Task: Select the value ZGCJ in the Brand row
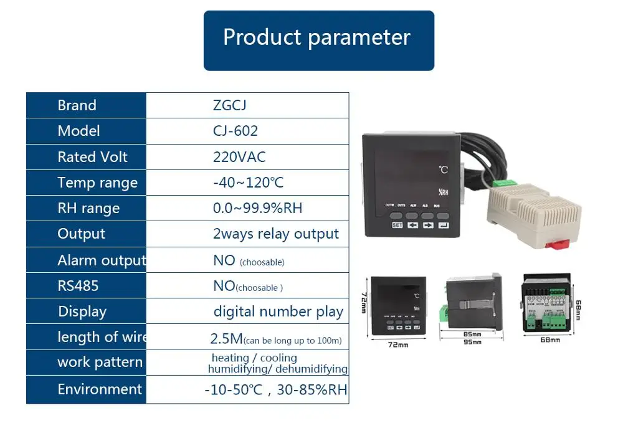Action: click(x=229, y=105)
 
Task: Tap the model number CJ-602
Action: click(x=235, y=131)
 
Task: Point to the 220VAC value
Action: click(x=239, y=157)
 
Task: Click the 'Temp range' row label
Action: click(x=97, y=183)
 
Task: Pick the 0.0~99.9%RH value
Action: click(x=257, y=208)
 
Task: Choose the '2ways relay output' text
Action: click(x=275, y=234)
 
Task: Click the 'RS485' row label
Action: click(x=78, y=286)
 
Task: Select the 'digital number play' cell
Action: click(x=278, y=312)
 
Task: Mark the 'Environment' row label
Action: click(x=100, y=389)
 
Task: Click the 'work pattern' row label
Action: click(x=100, y=363)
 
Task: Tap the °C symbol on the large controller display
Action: click(x=443, y=169)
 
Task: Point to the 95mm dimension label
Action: click(x=472, y=342)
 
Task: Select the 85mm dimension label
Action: click(x=472, y=333)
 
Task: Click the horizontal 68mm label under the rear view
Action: click(x=549, y=340)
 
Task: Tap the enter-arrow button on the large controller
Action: click(x=442, y=225)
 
